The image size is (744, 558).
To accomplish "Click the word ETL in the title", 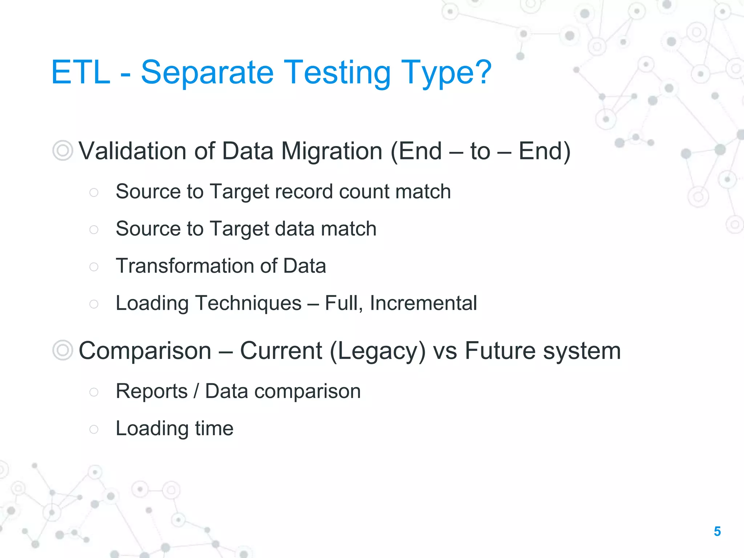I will [x=81, y=73].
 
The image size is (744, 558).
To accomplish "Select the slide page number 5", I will [x=717, y=531].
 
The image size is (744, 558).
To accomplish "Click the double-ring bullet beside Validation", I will [x=62, y=150].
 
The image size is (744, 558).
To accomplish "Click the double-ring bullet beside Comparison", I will [x=62, y=350].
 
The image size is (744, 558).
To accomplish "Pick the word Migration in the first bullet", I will [x=332, y=151].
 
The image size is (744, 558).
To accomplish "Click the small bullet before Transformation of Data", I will [x=94, y=267].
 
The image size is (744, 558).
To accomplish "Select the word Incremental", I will [x=423, y=303].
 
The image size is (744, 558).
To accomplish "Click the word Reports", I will [x=151, y=391].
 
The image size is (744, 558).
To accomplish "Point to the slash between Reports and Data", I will [x=197, y=391].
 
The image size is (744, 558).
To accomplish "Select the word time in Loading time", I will [x=214, y=428].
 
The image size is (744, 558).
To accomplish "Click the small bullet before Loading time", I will [x=94, y=429].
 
